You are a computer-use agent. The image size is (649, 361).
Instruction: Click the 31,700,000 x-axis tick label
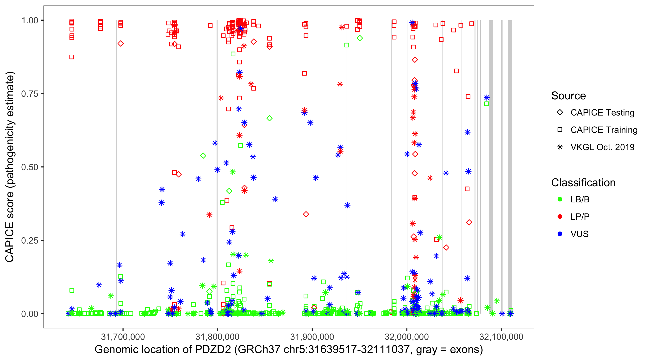[x=123, y=337]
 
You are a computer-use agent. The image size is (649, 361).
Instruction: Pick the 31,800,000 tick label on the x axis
[x=218, y=337]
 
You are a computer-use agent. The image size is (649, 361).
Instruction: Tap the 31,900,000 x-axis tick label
[x=312, y=337]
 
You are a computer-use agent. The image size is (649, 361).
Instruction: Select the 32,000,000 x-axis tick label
[x=407, y=337]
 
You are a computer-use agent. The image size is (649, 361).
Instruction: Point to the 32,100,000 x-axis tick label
[x=501, y=337]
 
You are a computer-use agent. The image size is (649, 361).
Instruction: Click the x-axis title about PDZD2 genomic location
[x=289, y=350]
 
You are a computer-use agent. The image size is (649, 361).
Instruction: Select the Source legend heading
[x=568, y=96]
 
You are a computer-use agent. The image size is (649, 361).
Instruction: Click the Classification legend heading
[x=583, y=183]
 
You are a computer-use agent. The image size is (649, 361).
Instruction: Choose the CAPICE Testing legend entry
[x=602, y=113]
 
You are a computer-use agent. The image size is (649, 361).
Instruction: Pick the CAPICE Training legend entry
[x=604, y=130]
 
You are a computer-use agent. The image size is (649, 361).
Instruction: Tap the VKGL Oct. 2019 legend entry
[x=602, y=147]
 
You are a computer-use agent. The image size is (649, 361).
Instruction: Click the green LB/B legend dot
[x=560, y=199]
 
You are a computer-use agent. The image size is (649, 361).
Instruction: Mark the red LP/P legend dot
[x=560, y=217]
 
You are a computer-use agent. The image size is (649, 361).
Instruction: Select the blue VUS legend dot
[x=560, y=234]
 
